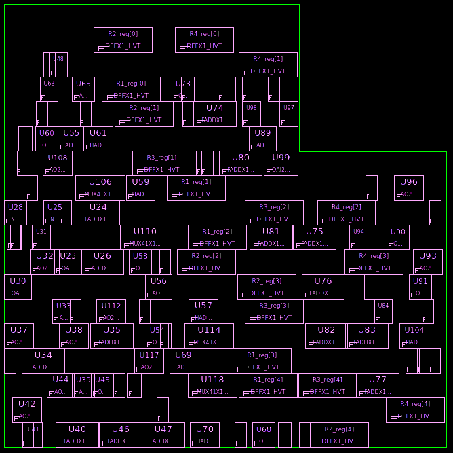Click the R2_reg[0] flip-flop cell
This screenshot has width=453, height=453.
[x=123, y=40]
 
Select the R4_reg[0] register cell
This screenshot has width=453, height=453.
[x=204, y=40]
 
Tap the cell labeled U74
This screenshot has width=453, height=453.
[x=215, y=114]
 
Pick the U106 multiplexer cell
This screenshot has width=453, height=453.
[x=100, y=188]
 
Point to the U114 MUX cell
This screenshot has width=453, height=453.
[x=209, y=336]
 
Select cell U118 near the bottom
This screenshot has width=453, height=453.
[x=212, y=386]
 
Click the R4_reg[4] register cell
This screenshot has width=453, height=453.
[x=415, y=410]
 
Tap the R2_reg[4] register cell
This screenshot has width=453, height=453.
[x=339, y=435]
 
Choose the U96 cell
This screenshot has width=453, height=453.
[x=409, y=188]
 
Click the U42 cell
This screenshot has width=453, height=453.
[x=27, y=410]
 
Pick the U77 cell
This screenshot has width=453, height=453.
[x=378, y=386]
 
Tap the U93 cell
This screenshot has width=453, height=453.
[x=428, y=262]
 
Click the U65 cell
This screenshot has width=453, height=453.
[x=83, y=90]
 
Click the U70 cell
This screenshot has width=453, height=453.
[x=205, y=435]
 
